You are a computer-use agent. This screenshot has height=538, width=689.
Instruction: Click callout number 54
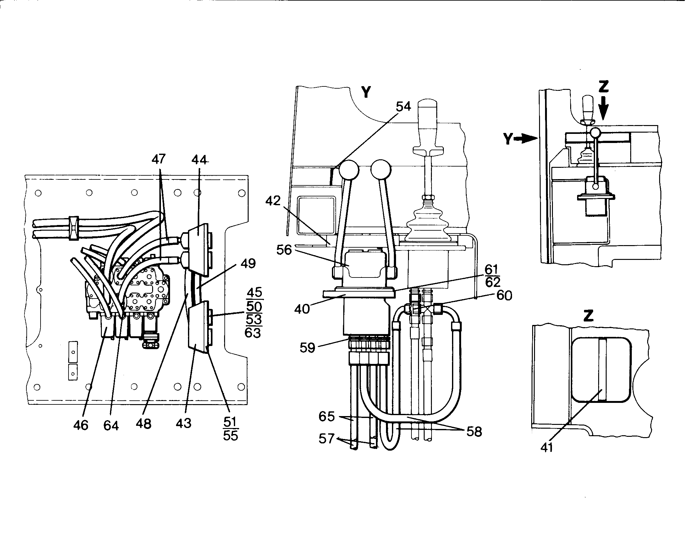(403, 107)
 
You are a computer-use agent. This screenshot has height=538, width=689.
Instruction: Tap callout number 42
(273, 200)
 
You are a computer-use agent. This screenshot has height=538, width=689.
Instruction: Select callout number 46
(81, 425)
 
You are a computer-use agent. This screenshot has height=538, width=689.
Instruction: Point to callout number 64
(111, 425)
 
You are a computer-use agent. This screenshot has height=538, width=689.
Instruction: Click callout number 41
(546, 447)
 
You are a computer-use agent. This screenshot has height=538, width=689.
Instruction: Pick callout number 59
(307, 348)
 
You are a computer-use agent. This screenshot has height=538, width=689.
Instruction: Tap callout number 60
(504, 295)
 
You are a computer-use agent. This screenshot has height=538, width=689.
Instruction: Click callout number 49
(248, 263)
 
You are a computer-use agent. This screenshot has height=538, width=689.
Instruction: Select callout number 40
(302, 309)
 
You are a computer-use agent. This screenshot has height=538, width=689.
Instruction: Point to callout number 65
(327, 416)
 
